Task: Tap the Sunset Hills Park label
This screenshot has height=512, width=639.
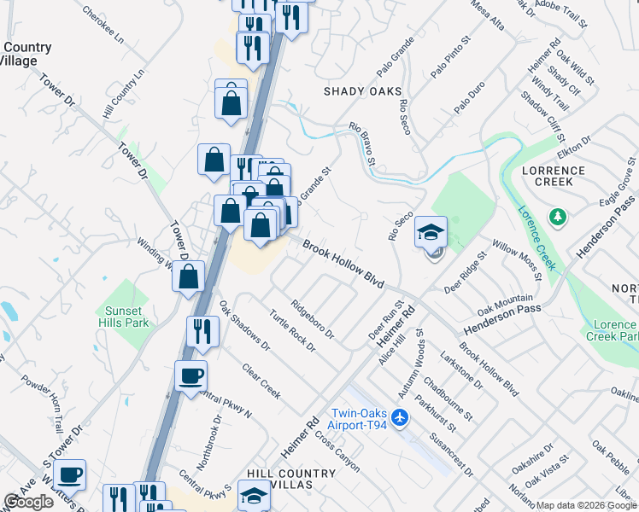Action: click(x=127, y=317)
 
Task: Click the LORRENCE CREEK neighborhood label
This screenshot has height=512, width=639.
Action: click(x=554, y=177)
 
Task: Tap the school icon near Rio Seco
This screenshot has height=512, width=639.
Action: click(x=431, y=232)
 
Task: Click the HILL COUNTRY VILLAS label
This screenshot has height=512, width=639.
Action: click(x=291, y=479)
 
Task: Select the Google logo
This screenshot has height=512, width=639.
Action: click(x=28, y=502)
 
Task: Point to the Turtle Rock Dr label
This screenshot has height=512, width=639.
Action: click(x=292, y=330)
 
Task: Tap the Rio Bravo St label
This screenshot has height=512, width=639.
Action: click(x=362, y=143)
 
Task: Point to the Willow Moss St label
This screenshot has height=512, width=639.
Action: click(x=517, y=260)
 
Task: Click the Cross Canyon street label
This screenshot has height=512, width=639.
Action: click(x=337, y=451)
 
